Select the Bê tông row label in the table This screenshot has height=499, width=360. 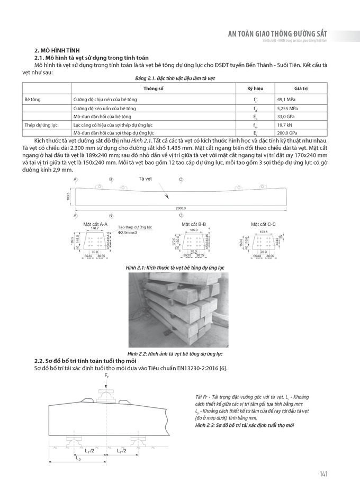(33, 99)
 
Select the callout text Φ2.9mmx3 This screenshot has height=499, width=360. (127, 232)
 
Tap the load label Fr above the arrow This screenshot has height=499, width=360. (106, 376)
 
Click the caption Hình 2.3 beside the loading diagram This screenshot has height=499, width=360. (244, 425)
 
